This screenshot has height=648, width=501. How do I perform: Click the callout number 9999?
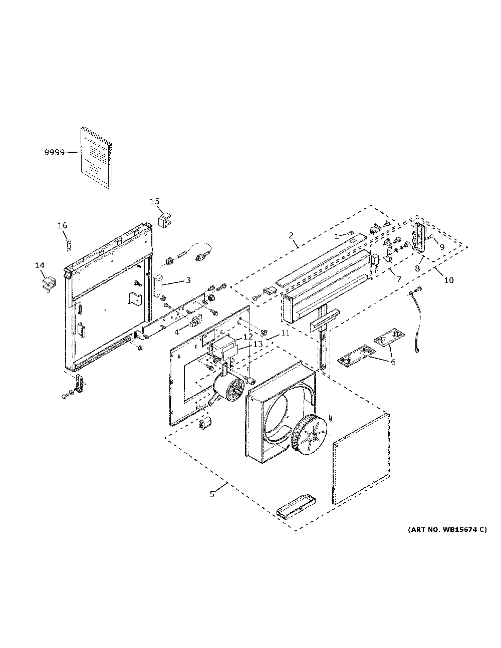54,152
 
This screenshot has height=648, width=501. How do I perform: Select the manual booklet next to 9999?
97,158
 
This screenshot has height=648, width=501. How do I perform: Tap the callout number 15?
154,202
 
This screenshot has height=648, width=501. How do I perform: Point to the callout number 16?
62,225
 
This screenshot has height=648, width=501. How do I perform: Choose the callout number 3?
188,280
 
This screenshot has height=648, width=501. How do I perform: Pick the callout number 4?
176,332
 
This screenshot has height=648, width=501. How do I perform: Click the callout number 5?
212,495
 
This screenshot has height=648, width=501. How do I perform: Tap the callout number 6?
393,362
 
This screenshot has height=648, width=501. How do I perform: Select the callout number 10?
449,280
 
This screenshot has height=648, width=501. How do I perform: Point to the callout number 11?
286,333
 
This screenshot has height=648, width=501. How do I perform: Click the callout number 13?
258,344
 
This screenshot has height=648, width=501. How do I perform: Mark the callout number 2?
291,235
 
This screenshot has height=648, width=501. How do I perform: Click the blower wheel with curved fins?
309,437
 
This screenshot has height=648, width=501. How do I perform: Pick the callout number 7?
399,279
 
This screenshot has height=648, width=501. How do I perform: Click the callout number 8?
417,268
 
